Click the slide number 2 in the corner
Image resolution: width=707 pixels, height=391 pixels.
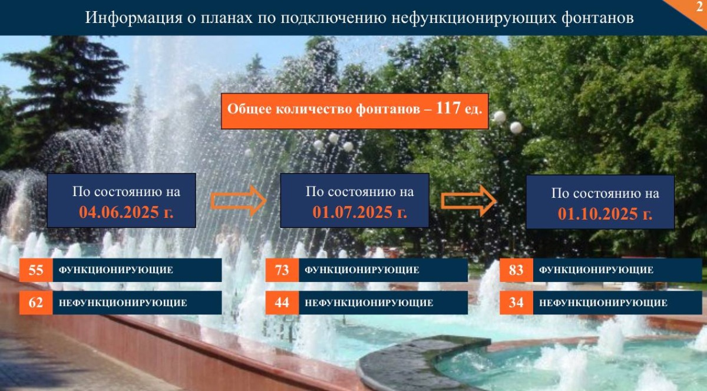(699, 6)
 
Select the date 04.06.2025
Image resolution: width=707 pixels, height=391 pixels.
(119, 212)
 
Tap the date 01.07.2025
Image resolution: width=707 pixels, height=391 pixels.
(352, 212)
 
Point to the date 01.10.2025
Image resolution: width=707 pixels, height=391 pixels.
(598, 214)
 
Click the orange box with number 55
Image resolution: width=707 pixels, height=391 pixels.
(36, 270)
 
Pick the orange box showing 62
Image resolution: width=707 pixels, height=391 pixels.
(36, 303)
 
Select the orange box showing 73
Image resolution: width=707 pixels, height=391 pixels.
(282, 270)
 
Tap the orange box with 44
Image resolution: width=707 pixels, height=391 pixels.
(282, 303)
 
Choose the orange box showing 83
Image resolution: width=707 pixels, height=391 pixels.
(516, 270)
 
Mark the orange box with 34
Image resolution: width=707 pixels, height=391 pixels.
(516, 303)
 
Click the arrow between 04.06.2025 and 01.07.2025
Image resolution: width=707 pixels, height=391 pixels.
(239, 201)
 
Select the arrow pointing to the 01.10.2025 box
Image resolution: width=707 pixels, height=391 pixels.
(469, 201)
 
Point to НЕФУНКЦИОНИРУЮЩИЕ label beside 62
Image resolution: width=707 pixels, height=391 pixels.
(123, 303)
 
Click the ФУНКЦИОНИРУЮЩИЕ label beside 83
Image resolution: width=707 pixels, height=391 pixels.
(596, 270)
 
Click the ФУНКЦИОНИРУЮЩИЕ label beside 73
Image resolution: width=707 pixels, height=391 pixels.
(362, 270)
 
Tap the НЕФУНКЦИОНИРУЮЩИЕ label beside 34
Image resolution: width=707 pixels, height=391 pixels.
(603, 303)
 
